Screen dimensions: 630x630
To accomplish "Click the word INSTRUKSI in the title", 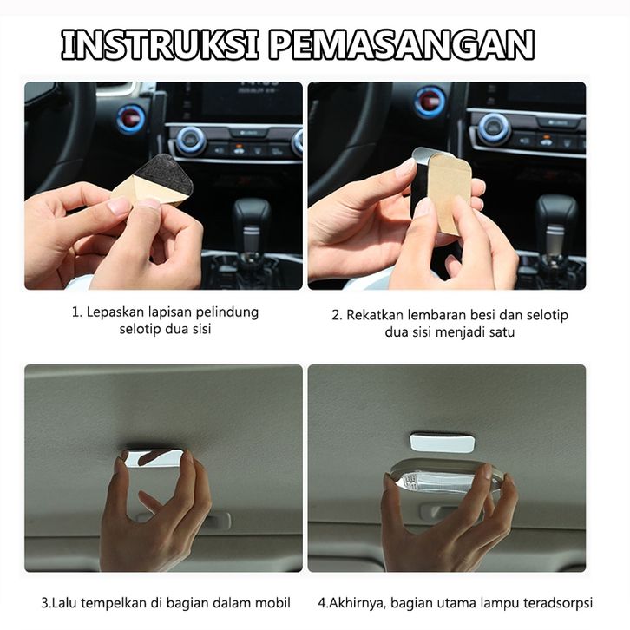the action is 160,44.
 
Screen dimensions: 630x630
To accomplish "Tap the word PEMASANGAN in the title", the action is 402,44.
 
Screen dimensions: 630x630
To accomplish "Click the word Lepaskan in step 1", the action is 115,312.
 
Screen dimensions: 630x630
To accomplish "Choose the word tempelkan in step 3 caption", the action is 115,603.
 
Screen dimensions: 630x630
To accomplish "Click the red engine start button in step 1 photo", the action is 131,119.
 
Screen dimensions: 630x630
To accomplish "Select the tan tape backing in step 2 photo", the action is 450,193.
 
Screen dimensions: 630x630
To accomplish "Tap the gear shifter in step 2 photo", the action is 555,229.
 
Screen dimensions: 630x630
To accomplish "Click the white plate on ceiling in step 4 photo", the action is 442,442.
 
